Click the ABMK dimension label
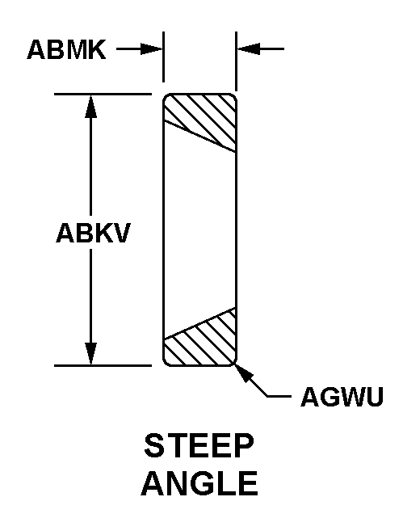[67, 49]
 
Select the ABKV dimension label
[94, 233]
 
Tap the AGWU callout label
[342, 396]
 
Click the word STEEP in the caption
[199, 446]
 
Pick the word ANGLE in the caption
[199, 483]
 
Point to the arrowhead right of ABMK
[152, 49]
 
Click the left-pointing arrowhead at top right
[249, 49]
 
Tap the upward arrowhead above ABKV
[90, 106]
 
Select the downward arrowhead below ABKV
[90, 354]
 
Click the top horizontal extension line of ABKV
[103, 95]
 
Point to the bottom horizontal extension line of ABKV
[103, 366]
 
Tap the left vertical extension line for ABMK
[163, 57]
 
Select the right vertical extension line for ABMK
[236, 61]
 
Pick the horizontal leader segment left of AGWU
[279, 396]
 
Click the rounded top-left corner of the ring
[166, 97]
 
